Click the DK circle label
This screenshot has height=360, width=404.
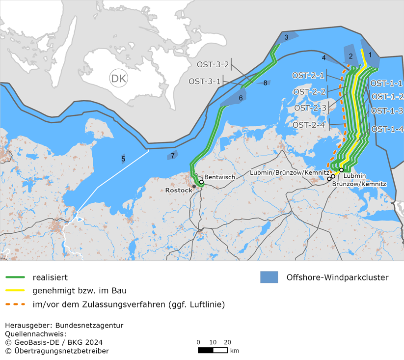tap(118, 79)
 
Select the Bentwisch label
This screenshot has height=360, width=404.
tap(216, 177)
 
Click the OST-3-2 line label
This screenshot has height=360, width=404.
tap(213, 64)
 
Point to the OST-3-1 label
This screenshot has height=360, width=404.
tap(205, 81)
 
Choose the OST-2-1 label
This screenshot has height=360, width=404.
tap(308, 76)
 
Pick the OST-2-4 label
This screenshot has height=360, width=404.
tap(309, 125)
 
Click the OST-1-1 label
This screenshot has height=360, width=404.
tap(387, 83)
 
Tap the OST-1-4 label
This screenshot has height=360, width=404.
tap(387, 130)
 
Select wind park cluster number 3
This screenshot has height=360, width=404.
tap(286, 37)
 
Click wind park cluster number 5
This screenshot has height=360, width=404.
tap(123, 159)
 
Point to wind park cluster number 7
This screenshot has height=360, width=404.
tap(172, 156)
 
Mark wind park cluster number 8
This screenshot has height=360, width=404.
tap(265, 83)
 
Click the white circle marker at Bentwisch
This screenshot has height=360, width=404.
tap(201, 182)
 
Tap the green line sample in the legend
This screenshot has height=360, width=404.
tap(15, 277)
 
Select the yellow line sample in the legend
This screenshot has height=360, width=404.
tap(15, 291)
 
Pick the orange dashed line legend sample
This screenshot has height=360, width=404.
tap(15, 305)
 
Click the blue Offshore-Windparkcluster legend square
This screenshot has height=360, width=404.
tap(269, 277)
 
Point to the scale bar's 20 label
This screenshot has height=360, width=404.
tap(227, 342)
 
